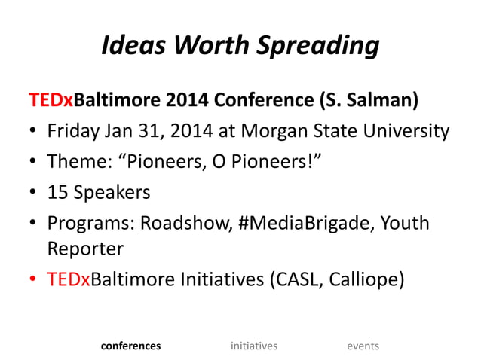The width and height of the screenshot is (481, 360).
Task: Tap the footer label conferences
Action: (x=130, y=346)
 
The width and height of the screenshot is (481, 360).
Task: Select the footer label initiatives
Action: (x=254, y=346)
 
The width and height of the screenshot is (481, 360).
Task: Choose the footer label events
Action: (x=363, y=346)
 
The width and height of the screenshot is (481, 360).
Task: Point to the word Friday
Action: (x=75, y=131)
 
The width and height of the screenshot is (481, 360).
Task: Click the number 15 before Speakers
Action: (x=58, y=192)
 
